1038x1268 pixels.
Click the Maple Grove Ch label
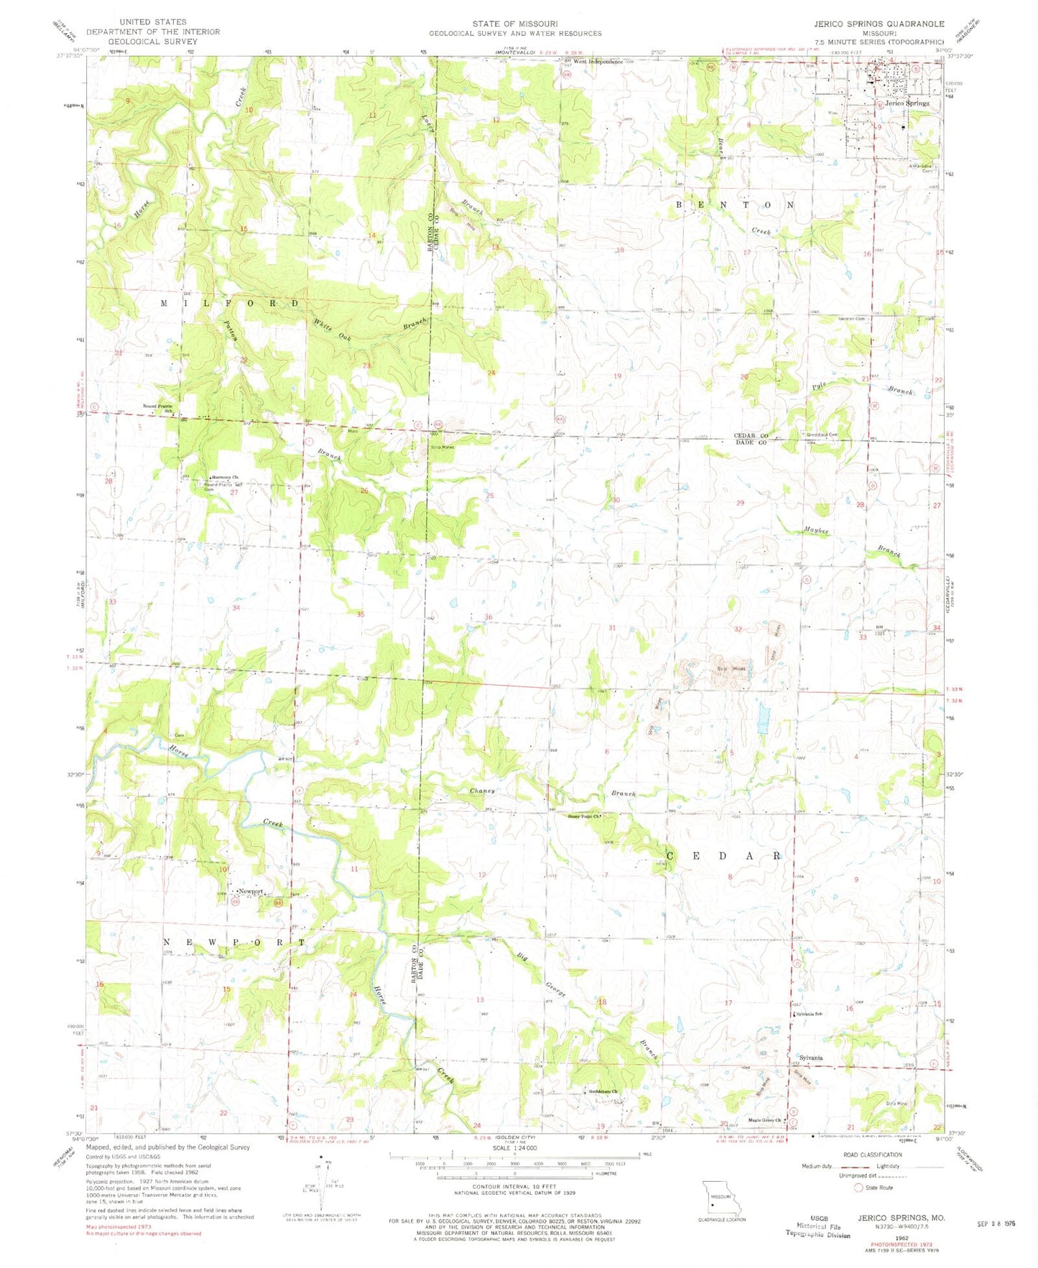coord(764,1120)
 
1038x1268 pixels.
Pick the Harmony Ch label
coord(224,477)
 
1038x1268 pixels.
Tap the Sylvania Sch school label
coord(810,1014)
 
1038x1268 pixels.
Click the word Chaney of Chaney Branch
coord(483,791)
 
